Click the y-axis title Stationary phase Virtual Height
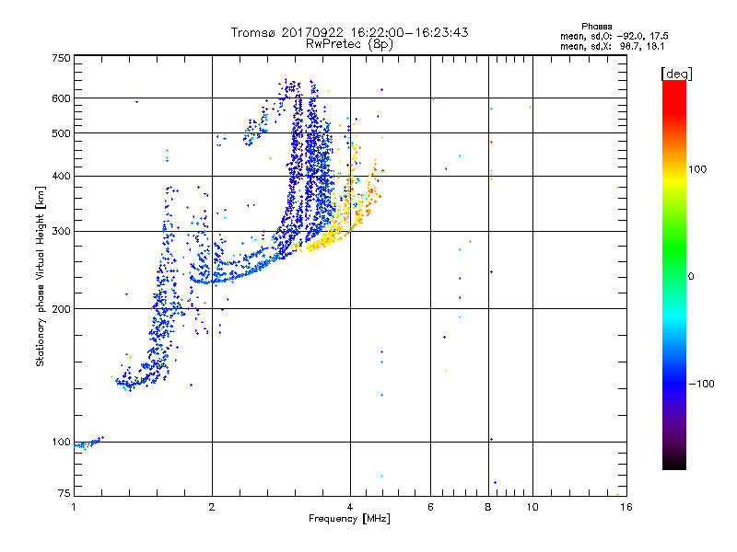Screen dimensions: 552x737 41,276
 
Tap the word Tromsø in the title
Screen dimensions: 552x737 253,32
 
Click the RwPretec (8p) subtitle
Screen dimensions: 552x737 349,43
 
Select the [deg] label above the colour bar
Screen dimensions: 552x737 677,73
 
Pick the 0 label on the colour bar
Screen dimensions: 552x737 693,276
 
